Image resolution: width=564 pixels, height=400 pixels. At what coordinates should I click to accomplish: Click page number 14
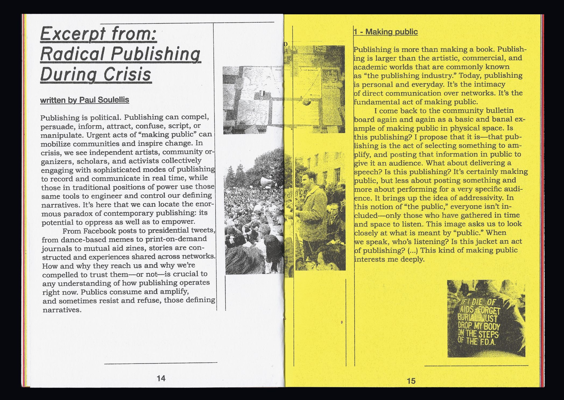coord(161,378)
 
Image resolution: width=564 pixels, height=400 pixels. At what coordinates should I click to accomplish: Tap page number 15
coord(411,381)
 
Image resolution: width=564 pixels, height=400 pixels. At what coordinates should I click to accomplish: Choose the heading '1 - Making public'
coord(386,32)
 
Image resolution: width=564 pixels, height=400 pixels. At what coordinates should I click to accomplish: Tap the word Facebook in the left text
coord(100,231)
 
